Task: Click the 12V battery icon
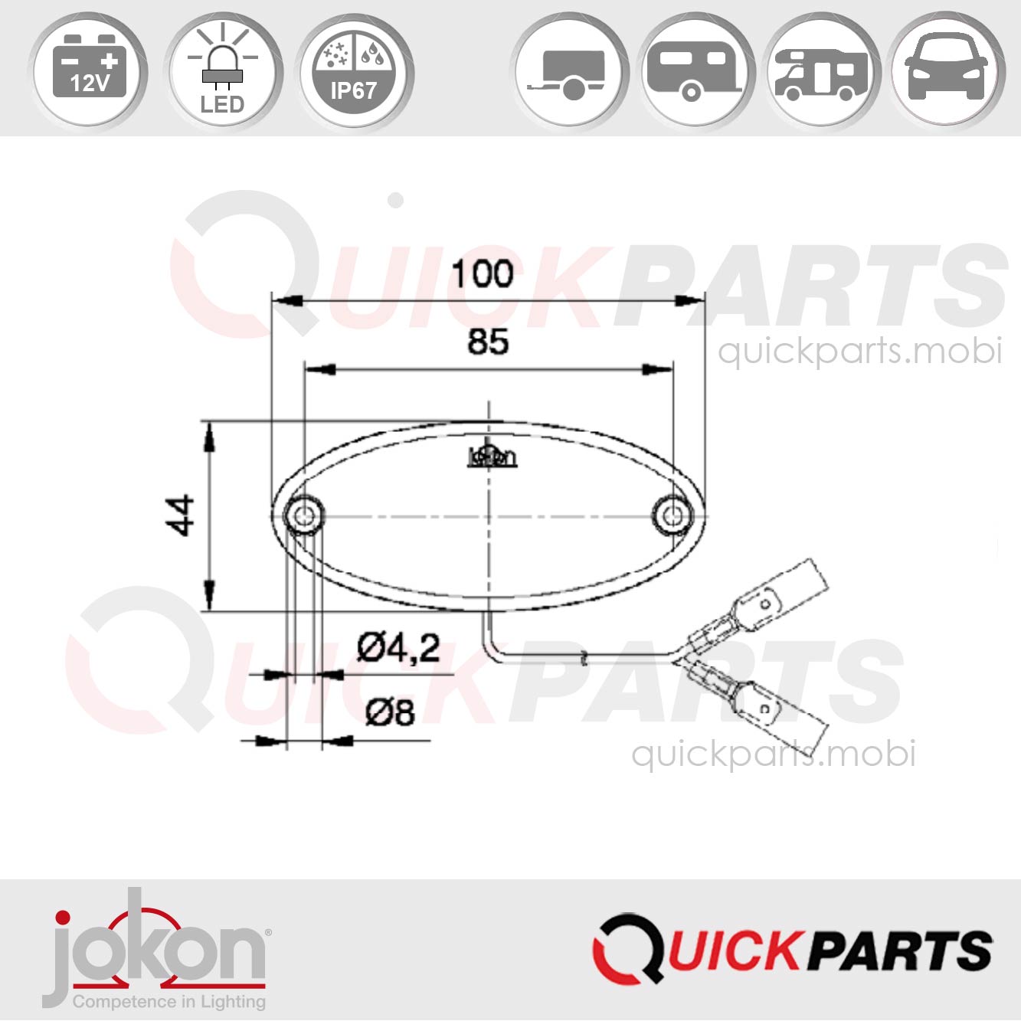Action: tap(89, 71)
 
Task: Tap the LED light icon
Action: tap(222, 71)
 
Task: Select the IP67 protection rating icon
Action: tap(354, 71)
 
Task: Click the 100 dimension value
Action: tap(482, 274)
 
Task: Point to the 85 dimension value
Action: tap(488, 342)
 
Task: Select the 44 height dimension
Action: tap(181, 515)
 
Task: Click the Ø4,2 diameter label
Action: tap(398, 649)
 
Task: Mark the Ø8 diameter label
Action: tap(390, 713)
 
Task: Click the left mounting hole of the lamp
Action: tap(303, 515)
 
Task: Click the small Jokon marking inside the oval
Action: tap(492, 457)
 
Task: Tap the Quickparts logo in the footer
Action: tap(792, 949)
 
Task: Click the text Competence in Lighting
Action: tap(169, 1001)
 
